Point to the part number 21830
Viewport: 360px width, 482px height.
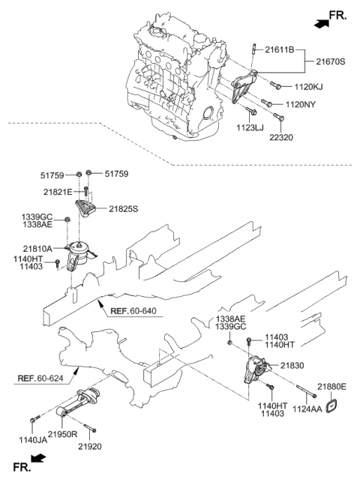click(292, 365)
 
